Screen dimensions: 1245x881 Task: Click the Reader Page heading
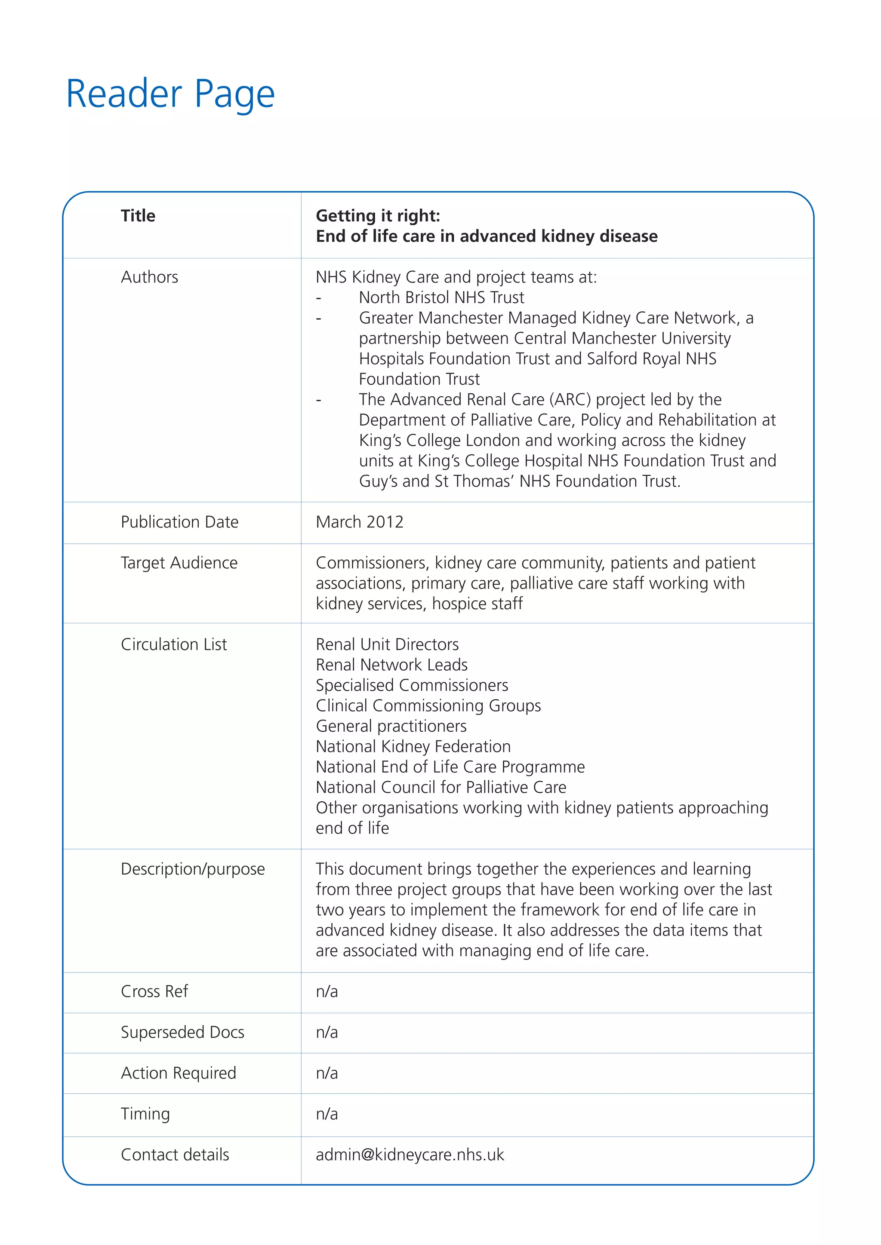tap(170, 94)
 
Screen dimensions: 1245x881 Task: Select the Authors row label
tap(149, 277)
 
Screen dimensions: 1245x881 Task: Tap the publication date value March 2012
tap(359, 521)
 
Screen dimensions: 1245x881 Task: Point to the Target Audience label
tap(179, 563)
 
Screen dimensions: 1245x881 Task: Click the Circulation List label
tap(174, 644)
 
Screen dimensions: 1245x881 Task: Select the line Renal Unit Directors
tap(387, 644)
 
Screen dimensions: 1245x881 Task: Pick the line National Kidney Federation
tap(413, 746)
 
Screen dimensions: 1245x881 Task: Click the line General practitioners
tap(391, 726)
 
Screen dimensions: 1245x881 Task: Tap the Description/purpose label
tap(193, 869)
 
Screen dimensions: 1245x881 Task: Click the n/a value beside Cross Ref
tap(327, 991)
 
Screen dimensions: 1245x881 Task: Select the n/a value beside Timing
tap(327, 1114)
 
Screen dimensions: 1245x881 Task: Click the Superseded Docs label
tap(182, 1032)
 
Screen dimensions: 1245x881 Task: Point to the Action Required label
tap(179, 1073)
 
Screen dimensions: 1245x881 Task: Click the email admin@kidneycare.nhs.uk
tap(410, 1154)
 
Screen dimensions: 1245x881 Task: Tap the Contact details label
tap(175, 1154)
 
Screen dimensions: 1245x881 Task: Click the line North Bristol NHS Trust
tap(441, 297)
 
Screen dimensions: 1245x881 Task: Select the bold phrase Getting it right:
tap(378, 216)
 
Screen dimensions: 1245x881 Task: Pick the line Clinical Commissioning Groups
tap(428, 705)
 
